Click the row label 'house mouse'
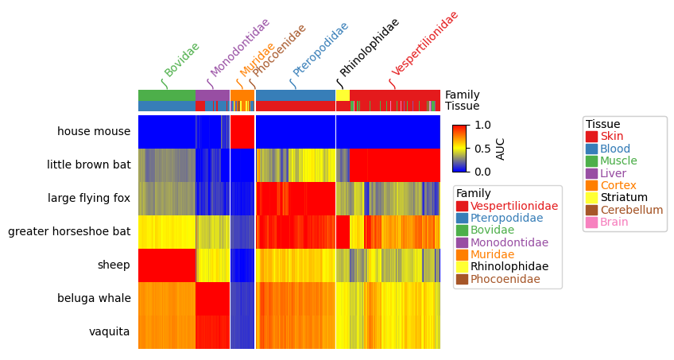pyautogui.click(x=93, y=132)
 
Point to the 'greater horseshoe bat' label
pyautogui.click(x=69, y=232)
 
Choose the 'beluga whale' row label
pyautogui.click(x=94, y=299)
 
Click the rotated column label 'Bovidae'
pyautogui.click(x=181, y=59)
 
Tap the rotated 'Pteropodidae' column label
pyautogui.click(x=320, y=49)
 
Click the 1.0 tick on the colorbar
pyautogui.click(x=482, y=126)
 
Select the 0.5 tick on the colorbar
pyautogui.click(x=482, y=149)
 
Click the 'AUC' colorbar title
pyautogui.click(x=501, y=149)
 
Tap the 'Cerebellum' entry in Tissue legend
pyautogui.click(x=631, y=210)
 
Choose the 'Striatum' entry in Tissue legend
pyautogui.click(x=623, y=197)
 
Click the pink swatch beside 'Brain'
pyautogui.click(x=591, y=222)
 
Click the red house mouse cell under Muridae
pyautogui.click(x=242, y=132)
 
